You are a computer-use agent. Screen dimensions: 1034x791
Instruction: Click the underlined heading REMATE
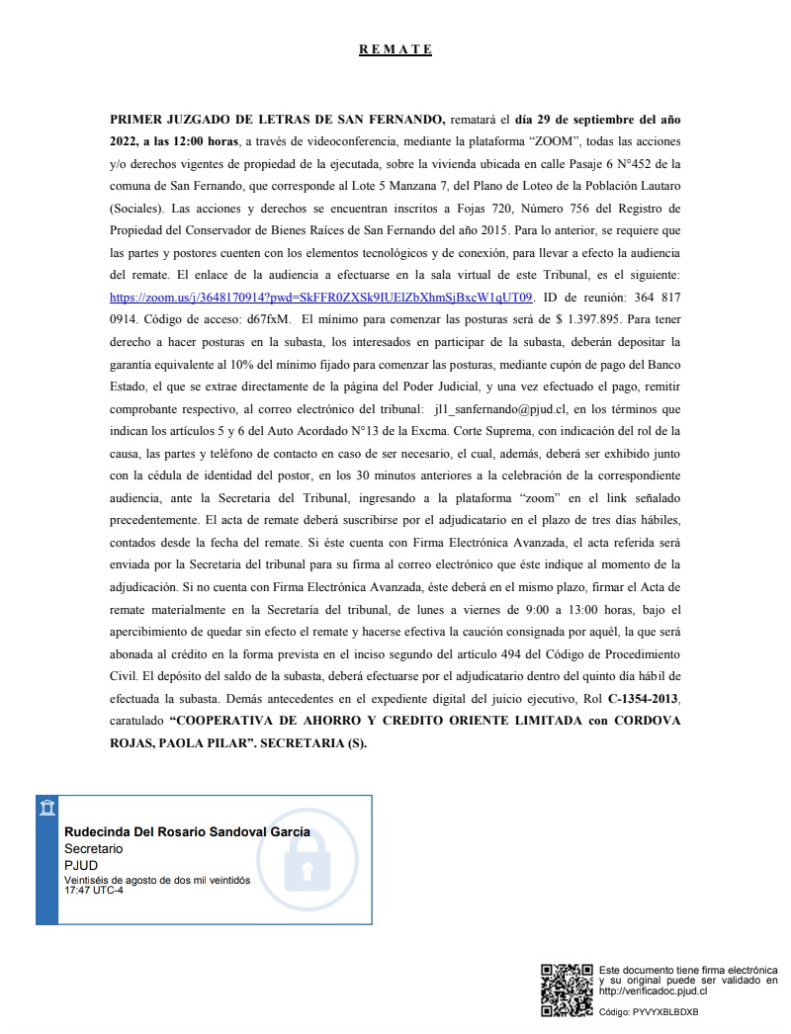coord(395,49)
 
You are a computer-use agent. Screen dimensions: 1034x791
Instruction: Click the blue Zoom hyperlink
coord(322,296)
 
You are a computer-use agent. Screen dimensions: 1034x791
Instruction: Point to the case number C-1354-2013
coord(644,700)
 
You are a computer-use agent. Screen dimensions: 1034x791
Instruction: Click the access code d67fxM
coord(266,318)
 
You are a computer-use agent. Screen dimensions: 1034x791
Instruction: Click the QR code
coord(566,989)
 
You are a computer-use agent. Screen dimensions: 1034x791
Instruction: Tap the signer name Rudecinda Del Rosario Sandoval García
coord(187,831)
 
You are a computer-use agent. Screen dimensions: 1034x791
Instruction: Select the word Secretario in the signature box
coord(94,849)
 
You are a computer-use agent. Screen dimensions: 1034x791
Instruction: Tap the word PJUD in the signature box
coord(81,866)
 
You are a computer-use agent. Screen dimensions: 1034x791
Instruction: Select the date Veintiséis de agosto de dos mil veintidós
coord(157,880)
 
